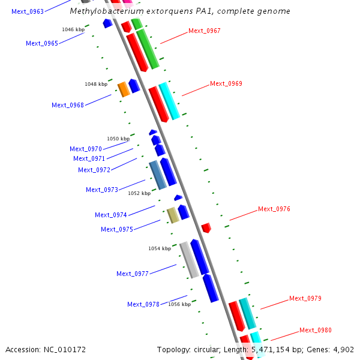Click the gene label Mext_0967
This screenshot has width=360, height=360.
[204, 31]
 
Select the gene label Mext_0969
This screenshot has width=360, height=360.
[226, 84]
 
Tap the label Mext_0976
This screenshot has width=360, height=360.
[274, 209]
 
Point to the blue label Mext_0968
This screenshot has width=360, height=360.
[67, 106]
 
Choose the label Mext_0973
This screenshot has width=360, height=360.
[101, 190]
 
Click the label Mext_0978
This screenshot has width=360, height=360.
[143, 305]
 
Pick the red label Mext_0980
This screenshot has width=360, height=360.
[315, 331]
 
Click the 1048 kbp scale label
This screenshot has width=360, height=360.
[96, 85]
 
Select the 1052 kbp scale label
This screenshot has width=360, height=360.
[139, 194]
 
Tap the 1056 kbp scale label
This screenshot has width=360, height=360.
[179, 305]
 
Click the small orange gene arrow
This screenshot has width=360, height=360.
[124, 89]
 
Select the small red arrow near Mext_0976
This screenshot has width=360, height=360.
[206, 227]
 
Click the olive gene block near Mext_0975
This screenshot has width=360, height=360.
[173, 215]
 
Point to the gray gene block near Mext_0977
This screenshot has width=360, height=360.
[189, 260]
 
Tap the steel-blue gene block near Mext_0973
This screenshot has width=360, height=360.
[157, 175]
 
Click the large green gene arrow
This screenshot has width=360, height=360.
[147, 48]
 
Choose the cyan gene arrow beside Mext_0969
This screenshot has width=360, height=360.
[169, 101]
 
